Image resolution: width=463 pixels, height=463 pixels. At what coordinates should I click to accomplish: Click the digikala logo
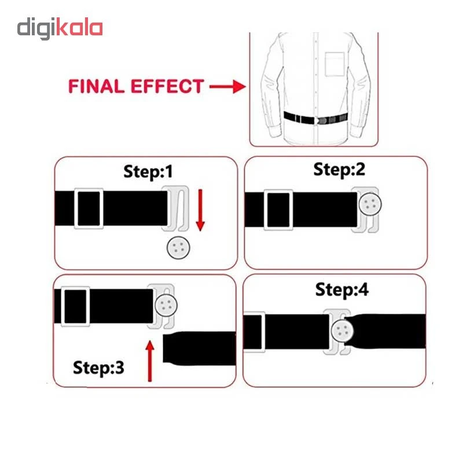pos(60,28)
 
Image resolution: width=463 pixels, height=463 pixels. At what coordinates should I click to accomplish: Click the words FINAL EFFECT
pos(136,87)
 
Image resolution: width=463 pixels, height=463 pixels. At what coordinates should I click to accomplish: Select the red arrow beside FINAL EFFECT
pos(227,87)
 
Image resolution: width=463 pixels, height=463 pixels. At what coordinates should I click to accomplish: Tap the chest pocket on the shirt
pos(334,64)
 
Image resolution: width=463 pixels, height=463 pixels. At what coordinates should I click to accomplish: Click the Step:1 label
pos(148,171)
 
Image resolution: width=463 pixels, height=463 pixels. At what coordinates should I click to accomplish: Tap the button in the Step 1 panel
pos(177,248)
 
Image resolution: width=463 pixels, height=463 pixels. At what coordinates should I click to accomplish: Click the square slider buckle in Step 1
pos(89,208)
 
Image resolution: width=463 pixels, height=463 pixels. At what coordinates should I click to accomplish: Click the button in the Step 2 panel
pos(370,204)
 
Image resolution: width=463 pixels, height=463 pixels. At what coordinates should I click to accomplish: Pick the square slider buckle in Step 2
pos(278,210)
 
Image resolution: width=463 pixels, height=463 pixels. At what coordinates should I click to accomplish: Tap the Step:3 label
pos(98,367)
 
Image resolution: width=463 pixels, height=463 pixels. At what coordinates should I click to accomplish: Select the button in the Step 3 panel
pos(165,305)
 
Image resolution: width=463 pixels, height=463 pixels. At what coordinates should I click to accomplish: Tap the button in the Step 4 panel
pos(342,331)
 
